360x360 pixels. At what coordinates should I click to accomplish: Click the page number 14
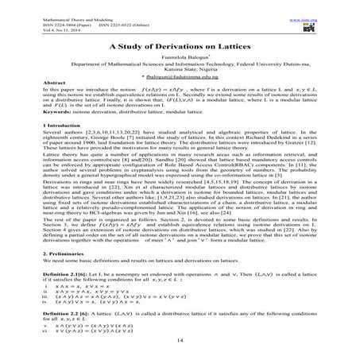click(x=180, y=340)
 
